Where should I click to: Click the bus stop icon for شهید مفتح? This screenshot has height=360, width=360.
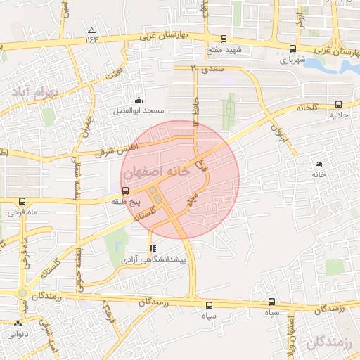pos(224,39)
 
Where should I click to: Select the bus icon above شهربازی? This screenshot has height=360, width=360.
pos(292,49)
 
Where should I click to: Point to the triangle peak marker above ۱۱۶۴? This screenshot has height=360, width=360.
pos(91,30)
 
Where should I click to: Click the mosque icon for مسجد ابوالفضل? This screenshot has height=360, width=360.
pos(139,100)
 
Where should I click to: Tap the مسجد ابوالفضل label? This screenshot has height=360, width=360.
pos(139,111)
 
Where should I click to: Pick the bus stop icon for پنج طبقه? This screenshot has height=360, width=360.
pos(125,191)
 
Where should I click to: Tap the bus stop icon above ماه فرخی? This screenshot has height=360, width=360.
pos(22,200)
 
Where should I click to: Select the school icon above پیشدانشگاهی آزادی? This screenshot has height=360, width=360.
pos(152,248)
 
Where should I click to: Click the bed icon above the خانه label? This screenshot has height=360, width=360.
pos(319,164)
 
